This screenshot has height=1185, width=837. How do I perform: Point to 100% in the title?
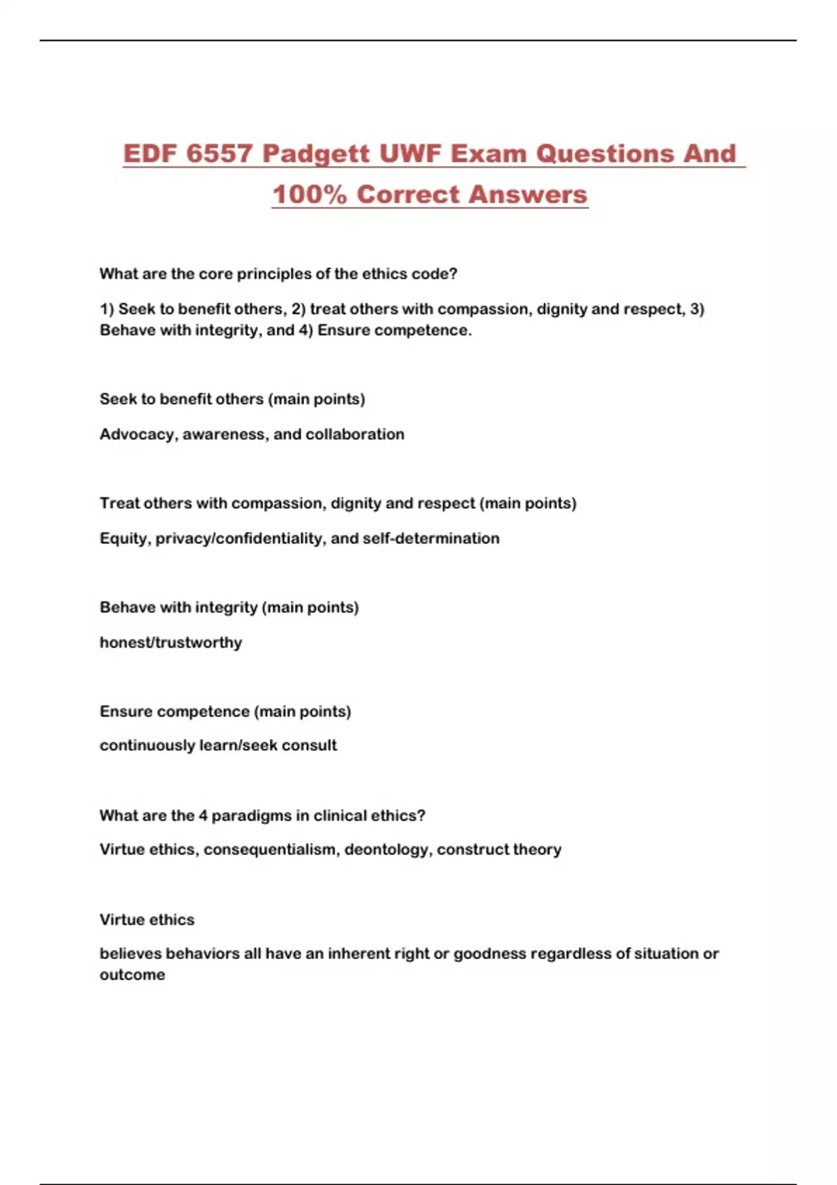[309, 194]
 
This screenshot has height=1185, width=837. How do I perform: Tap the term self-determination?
[431, 538]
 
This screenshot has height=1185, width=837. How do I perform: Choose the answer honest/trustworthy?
[171, 642]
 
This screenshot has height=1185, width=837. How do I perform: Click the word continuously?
[147, 745]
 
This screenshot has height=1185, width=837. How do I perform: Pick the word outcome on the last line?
[133, 974]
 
